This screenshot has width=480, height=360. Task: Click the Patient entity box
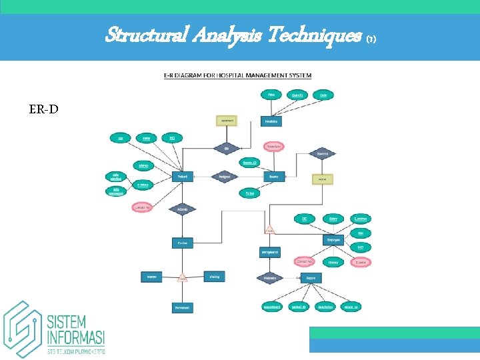[x=183, y=177]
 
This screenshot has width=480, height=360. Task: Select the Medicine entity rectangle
[x=271, y=121]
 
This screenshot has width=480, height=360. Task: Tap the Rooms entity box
[x=271, y=177]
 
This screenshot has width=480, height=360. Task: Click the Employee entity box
[x=333, y=239]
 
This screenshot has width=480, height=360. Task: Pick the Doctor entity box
[x=183, y=244]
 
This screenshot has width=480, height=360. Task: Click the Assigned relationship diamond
[x=223, y=177]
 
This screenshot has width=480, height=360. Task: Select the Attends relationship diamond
[x=183, y=209]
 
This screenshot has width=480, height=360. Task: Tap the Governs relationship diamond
[x=322, y=153]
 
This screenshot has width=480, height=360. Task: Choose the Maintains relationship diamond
[x=270, y=277]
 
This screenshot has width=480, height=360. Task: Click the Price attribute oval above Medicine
[x=271, y=95]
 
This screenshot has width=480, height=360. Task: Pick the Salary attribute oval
[x=333, y=218]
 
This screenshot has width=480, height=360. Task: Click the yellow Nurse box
[x=323, y=179]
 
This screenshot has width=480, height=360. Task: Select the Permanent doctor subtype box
[x=183, y=307]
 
